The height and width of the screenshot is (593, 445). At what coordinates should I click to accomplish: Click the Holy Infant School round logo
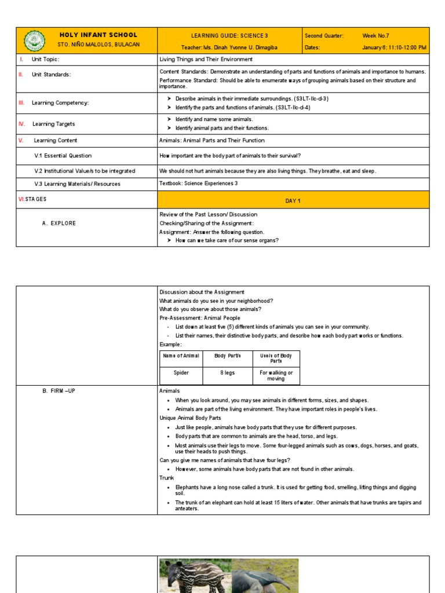(35, 41)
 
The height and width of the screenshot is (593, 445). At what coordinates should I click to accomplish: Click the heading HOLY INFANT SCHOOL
(99, 35)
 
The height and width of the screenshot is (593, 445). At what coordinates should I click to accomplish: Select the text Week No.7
(375, 36)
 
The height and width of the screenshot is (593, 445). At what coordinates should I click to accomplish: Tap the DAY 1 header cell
(293, 200)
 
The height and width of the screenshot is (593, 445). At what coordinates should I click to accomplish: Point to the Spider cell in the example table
(181, 373)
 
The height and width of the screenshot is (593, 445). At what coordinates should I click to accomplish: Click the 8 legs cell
(227, 373)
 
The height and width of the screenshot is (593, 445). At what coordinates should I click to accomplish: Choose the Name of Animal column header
(181, 356)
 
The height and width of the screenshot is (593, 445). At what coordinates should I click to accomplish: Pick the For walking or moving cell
(276, 376)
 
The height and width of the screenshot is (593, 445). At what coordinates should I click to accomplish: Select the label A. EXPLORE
(59, 224)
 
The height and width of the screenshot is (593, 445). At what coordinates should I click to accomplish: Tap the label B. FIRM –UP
(59, 391)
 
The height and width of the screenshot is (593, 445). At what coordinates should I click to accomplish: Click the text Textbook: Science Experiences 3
(198, 184)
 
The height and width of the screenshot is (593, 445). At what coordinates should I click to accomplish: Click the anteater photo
(265, 576)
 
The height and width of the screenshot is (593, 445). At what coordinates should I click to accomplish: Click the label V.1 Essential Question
(63, 156)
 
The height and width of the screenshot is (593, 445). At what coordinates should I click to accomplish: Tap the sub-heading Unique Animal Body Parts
(190, 418)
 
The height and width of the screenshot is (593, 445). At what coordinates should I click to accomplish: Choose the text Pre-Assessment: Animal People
(199, 318)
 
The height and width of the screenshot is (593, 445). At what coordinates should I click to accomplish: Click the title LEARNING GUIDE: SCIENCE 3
(229, 36)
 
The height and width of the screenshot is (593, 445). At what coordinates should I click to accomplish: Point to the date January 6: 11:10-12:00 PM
(394, 47)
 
